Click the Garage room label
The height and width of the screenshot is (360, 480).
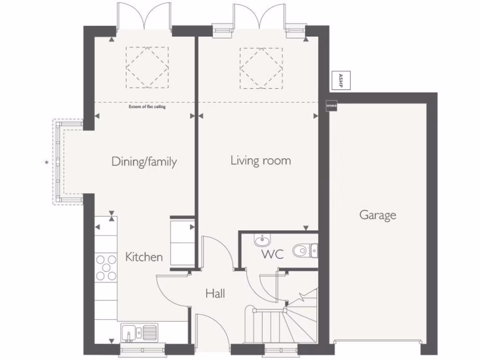tap(377, 215)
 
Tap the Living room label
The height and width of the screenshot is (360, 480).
tap(261, 161)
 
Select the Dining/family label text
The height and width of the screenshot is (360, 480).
tap(144, 162)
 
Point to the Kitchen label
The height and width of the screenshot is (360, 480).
tap(144, 257)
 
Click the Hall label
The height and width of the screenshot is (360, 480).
tap(215, 294)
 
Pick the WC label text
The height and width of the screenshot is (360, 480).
tap(272, 255)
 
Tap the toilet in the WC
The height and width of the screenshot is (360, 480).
tap(305, 251)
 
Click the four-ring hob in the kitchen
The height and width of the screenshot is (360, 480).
tap(106, 267)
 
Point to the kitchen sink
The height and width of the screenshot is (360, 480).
tap(139, 333)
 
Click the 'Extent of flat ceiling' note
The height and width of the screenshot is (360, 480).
tap(147, 107)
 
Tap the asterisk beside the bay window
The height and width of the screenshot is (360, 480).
tap(46, 163)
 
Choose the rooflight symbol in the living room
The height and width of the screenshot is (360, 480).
tap(261, 67)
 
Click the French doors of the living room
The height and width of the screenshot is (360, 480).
tap(259, 16)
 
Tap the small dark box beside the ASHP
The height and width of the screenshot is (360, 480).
tap(331, 106)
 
